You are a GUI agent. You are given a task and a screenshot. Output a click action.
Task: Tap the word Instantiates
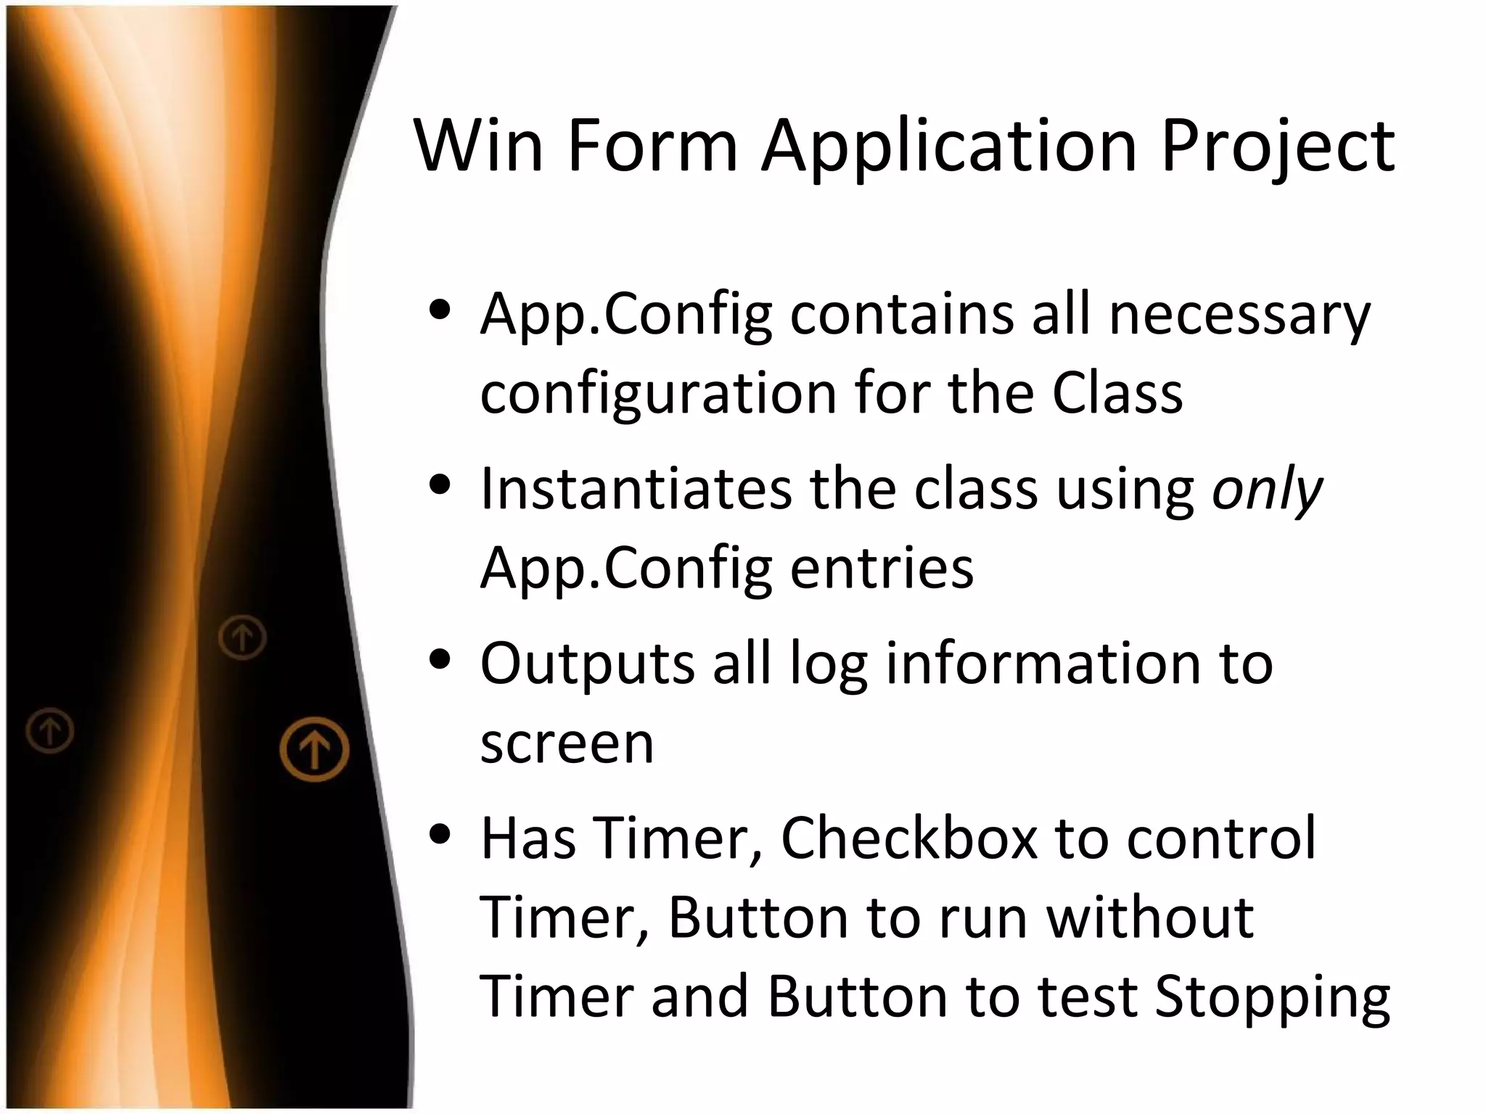pos(636,489)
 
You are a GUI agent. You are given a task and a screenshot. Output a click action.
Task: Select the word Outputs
pos(587,664)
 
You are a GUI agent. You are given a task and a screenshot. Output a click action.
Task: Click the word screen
pos(567,744)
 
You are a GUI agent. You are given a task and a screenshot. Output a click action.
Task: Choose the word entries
pos(882,568)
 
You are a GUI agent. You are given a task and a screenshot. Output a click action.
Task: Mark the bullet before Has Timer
pos(441,834)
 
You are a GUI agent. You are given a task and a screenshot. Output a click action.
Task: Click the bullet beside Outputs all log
pos(441,660)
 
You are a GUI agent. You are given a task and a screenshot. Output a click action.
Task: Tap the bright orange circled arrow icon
pos(314,749)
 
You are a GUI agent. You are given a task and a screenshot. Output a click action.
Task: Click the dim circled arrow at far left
pos(50,730)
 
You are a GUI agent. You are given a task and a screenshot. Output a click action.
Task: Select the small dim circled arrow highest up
pos(242,638)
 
